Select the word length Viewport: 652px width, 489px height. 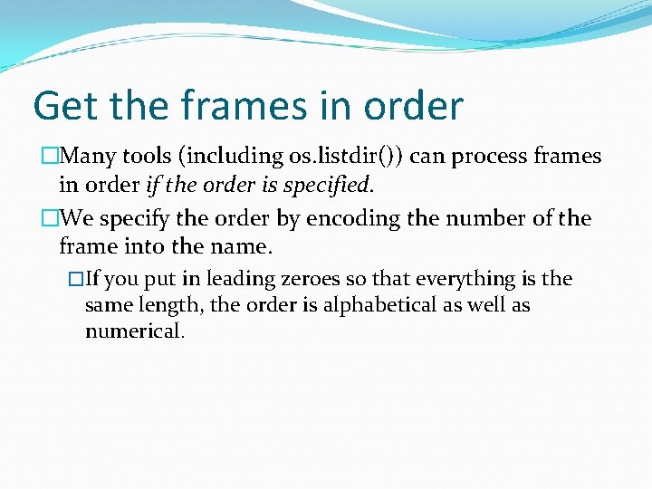(x=169, y=306)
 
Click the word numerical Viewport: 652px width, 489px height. (x=134, y=331)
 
